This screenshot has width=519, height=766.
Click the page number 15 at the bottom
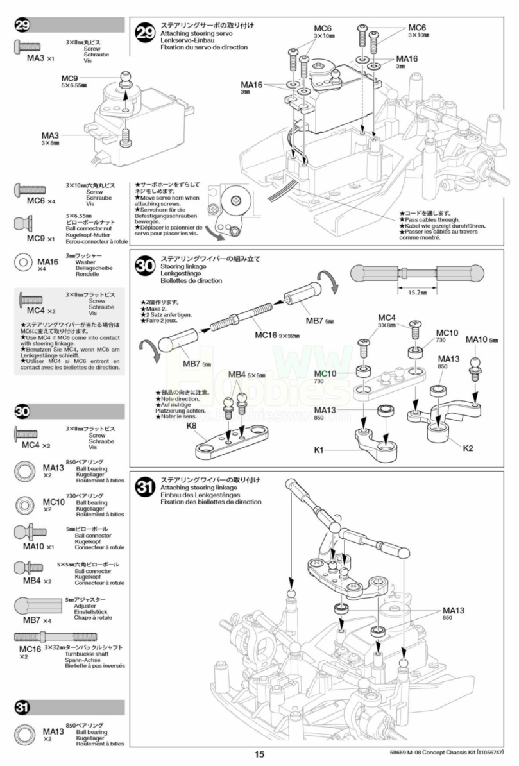(x=259, y=755)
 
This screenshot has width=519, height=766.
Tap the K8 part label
(x=191, y=425)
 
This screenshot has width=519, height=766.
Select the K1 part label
(x=318, y=450)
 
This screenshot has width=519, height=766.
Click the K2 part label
(x=468, y=447)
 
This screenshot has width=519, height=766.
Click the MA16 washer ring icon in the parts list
(x=24, y=262)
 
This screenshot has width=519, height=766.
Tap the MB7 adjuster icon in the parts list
(x=37, y=606)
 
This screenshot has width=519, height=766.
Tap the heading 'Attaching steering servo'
(x=196, y=33)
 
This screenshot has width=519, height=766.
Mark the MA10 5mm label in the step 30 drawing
(x=481, y=339)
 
